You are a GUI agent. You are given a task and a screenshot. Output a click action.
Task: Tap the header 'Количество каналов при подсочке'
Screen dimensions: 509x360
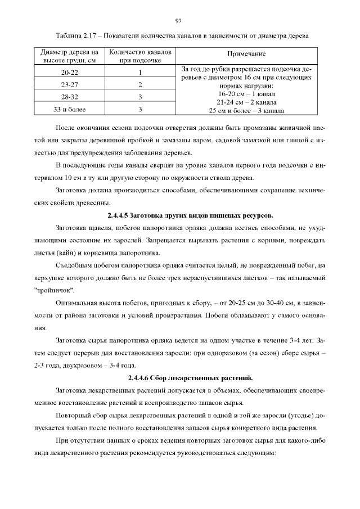139,55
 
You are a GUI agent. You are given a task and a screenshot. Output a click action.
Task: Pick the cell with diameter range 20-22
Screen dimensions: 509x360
70,73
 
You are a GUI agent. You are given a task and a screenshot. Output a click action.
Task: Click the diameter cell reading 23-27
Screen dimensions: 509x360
70,85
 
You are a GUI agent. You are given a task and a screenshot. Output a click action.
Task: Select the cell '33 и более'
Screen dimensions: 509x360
70,109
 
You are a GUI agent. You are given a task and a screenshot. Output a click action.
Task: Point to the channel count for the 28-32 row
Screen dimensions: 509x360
139,97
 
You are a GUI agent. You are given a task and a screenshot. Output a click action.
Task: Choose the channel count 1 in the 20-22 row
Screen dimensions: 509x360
139,73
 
